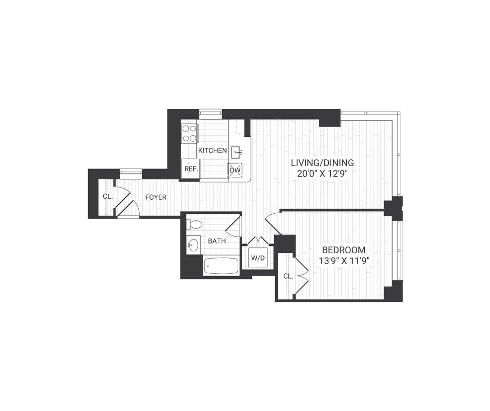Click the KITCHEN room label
(x=212, y=150)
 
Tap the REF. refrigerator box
(x=189, y=169)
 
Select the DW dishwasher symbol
(x=235, y=170)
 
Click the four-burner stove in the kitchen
(x=189, y=133)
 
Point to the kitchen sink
(x=236, y=152)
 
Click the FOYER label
(x=156, y=197)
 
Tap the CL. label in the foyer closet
(x=108, y=197)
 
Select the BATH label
(x=216, y=241)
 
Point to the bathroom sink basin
(x=193, y=245)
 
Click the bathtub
(x=221, y=266)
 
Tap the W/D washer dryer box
(x=258, y=258)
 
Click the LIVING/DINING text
(x=322, y=163)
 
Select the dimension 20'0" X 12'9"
(x=322, y=174)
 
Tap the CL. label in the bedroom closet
(x=288, y=276)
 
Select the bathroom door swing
(x=234, y=227)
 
